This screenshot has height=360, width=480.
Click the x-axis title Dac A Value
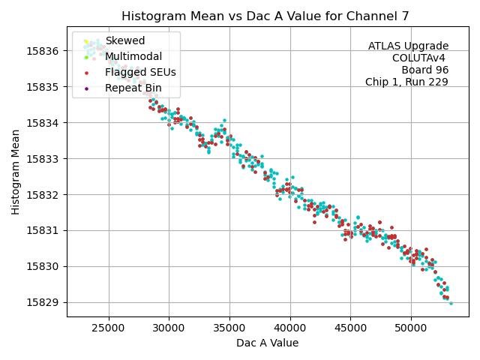[x=267, y=343]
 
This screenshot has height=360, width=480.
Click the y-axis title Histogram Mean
[x=16, y=172]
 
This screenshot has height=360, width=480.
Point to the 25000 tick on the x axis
[x=108, y=328]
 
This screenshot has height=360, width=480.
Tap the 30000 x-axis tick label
[x=169, y=328]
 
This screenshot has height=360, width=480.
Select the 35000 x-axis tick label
[x=229, y=328]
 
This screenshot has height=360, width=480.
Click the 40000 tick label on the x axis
[x=290, y=328]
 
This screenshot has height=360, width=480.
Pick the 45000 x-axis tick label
[x=351, y=328]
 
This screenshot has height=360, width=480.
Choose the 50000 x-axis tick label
[x=412, y=328]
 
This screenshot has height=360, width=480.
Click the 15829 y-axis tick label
[x=44, y=302]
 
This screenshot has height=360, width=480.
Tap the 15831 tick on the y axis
[x=44, y=230]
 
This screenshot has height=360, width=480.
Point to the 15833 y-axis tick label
[x=44, y=159]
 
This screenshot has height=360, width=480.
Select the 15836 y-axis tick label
[x=44, y=51]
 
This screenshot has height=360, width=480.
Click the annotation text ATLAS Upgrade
[x=408, y=46]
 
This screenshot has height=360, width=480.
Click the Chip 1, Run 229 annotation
[x=406, y=82]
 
